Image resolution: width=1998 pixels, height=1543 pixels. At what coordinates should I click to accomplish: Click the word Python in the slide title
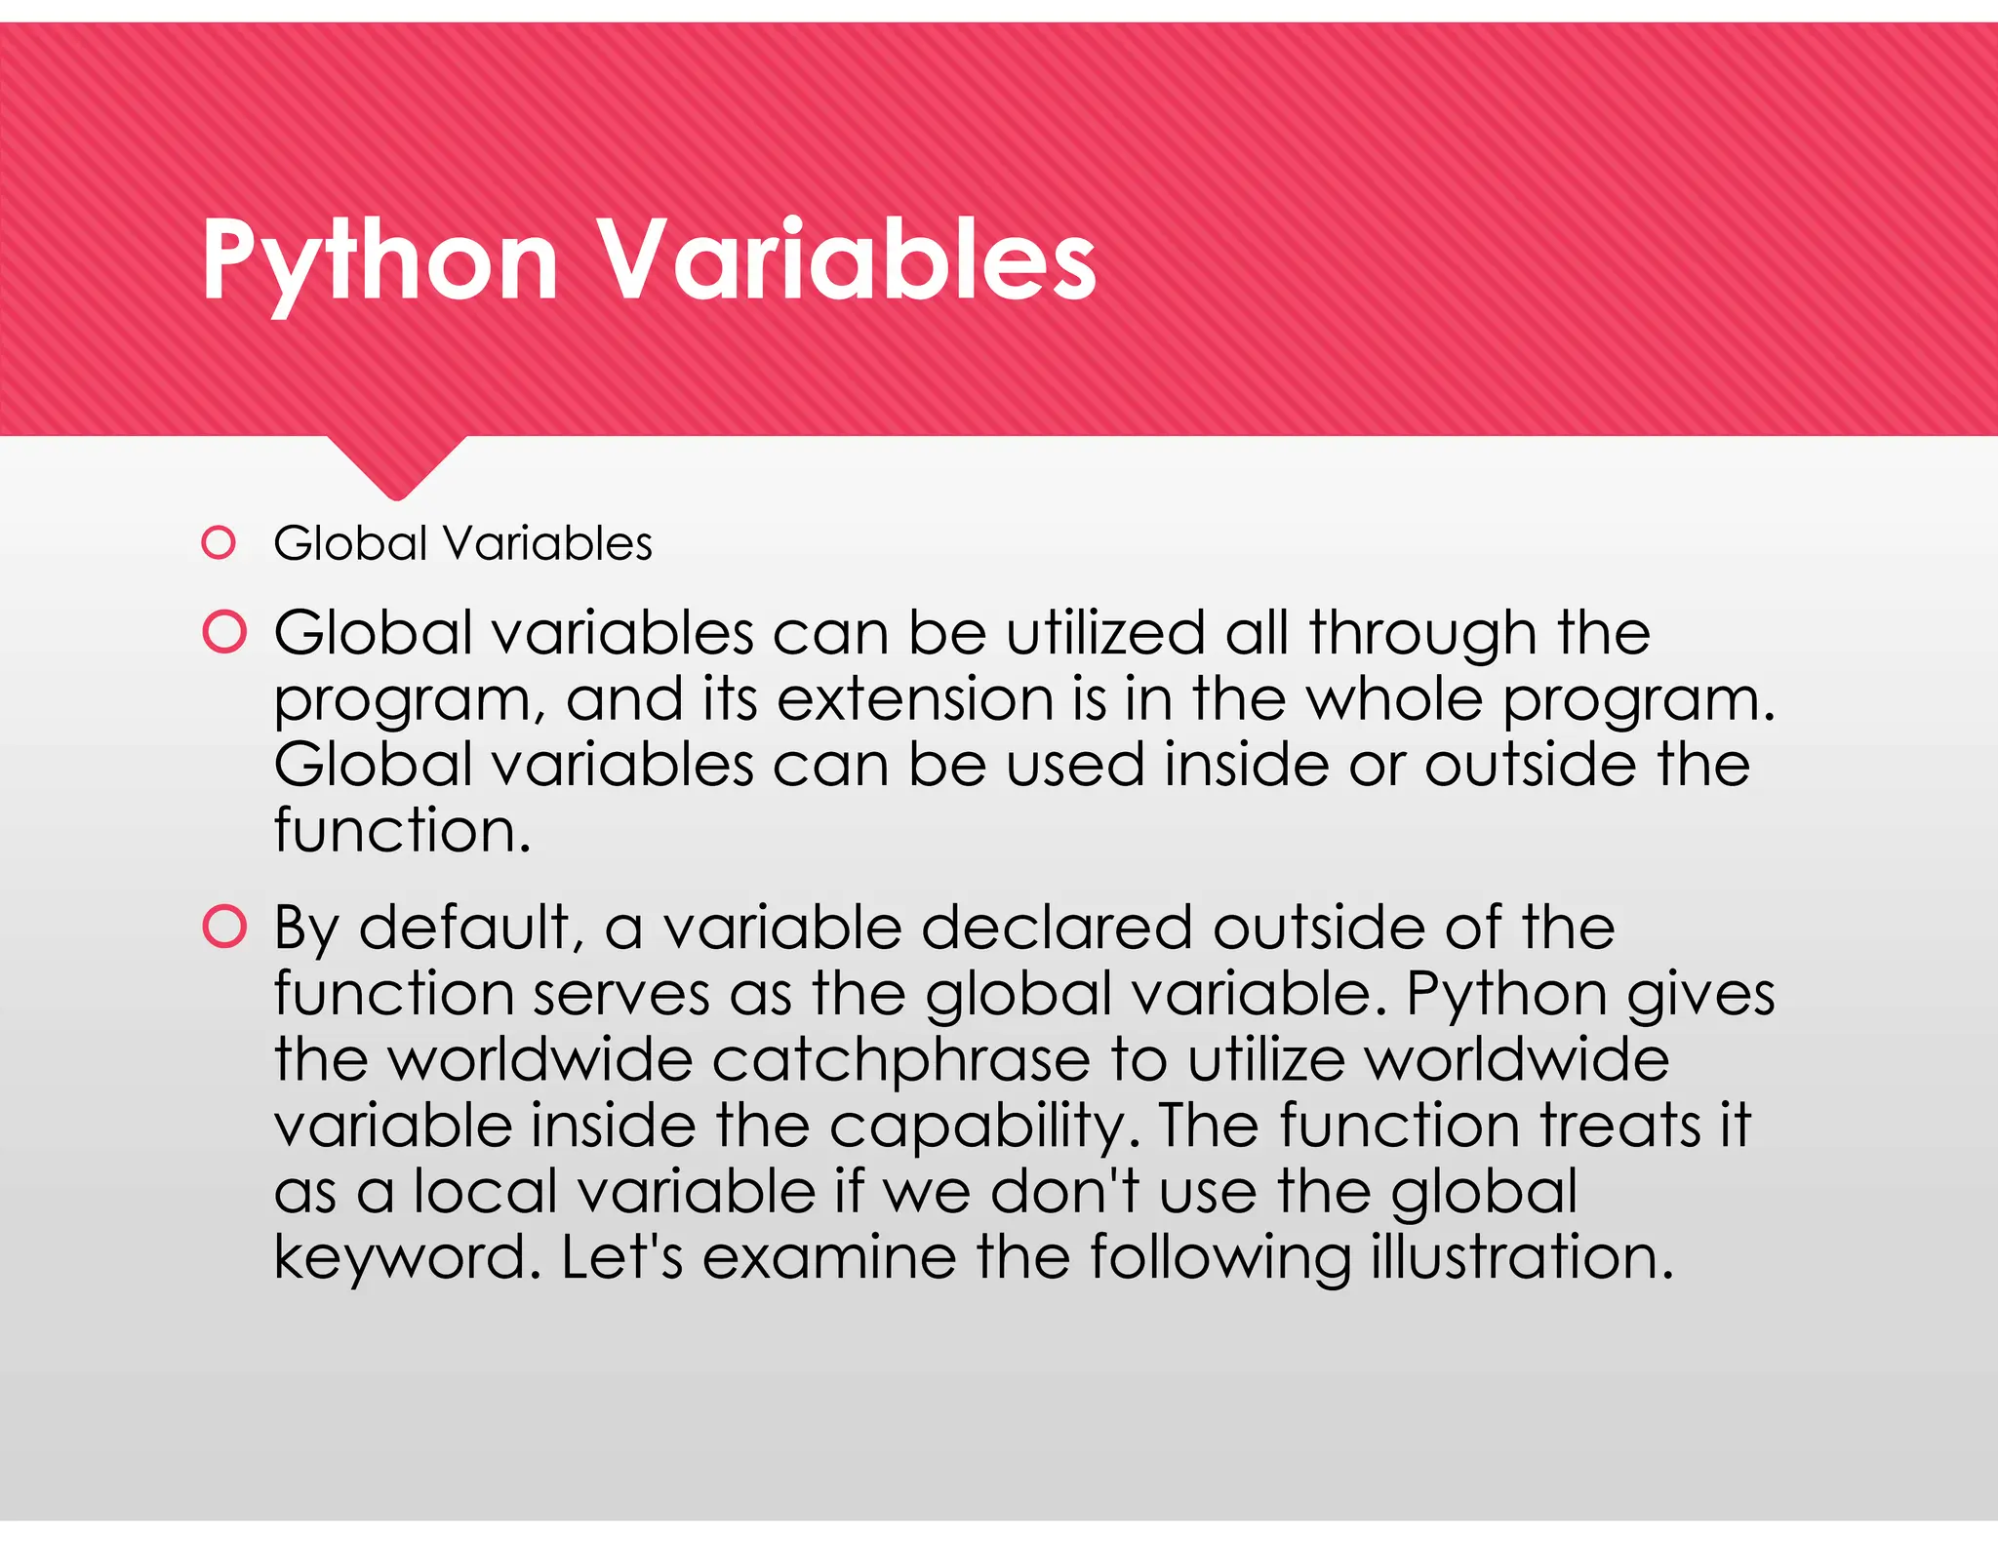click(380, 260)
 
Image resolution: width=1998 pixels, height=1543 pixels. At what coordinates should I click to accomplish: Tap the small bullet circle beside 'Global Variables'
click(219, 543)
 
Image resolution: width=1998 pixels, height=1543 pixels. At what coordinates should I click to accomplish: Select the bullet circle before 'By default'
click(224, 927)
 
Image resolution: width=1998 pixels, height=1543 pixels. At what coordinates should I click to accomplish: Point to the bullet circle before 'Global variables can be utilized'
click(224, 632)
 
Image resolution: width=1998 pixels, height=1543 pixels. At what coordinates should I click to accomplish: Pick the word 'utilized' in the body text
click(1106, 633)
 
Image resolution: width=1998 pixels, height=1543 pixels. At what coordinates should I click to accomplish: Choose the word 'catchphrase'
click(900, 1060)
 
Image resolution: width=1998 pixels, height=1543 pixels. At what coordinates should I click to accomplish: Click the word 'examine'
click(829, 1257)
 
